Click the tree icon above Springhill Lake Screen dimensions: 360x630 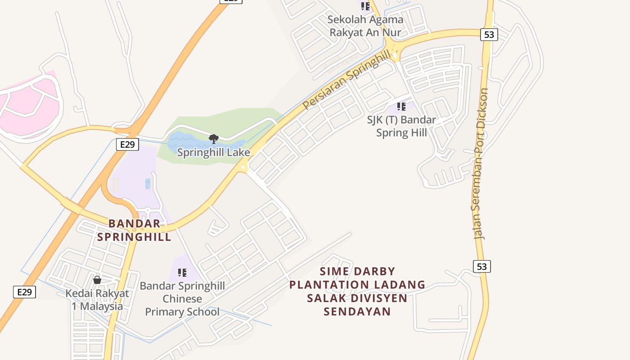[x=214, y=139]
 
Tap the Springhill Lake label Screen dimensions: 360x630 [x=213, y=152]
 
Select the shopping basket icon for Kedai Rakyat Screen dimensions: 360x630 [x=97, y=280]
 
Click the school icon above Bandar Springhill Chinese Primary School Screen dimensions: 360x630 [x=182, y=272]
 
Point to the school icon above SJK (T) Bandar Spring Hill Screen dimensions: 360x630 [x=401, y=107]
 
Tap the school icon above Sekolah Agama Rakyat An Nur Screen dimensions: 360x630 [x=365, y=6]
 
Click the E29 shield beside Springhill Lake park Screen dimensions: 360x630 [x=127, y=144]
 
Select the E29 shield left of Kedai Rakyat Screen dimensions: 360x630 [x=24, y=292]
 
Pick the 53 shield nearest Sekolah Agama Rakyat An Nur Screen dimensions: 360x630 [x=489, y=35]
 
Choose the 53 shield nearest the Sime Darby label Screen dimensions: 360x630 [x=481, y=266]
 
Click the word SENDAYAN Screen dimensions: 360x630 [x=357, y=311]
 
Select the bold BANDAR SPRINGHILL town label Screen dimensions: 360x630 [x=134, y=230]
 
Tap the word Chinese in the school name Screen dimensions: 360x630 [x=182, y=299]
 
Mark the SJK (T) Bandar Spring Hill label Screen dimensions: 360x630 [x=401, y=126]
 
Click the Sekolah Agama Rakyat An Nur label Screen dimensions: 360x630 [x=365, y=26]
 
